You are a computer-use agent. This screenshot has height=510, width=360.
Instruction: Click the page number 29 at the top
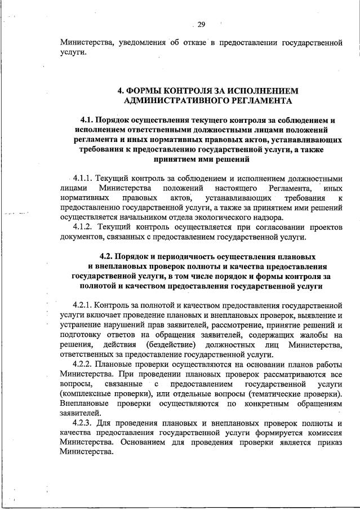[x=201, y=24]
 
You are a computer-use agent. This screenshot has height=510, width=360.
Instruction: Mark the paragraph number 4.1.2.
[x=84, y=226]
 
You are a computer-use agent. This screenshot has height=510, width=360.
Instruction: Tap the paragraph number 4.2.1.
[x=83, y=305]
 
